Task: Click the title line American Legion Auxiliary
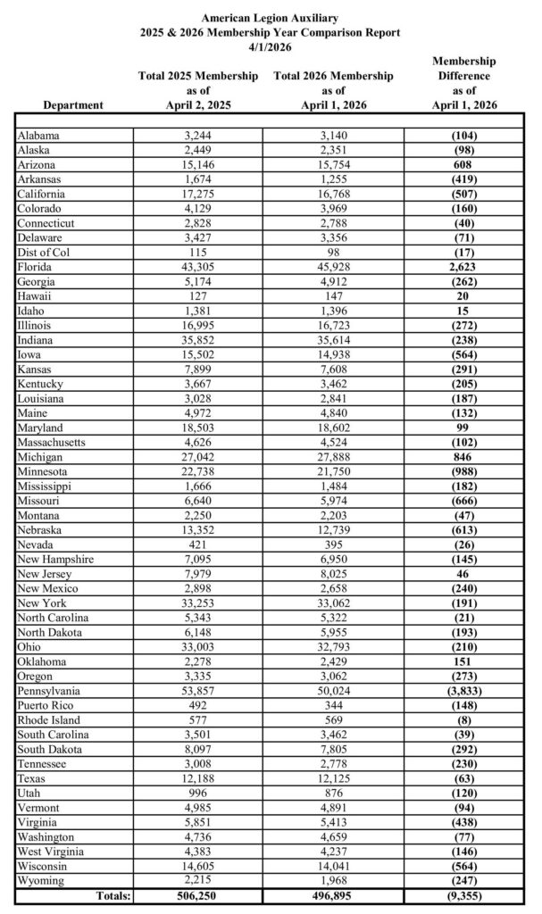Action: tap(270, 17)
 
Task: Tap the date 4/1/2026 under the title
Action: tap(270, 46)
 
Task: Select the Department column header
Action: tap(73, 105)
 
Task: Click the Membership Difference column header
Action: tap(463, 83)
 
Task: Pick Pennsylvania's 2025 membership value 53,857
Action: tap(198, 692)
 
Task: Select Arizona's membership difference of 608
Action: tap(463, 165)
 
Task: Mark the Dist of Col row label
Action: tap(41, 253)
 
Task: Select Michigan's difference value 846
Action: tap(463, 456)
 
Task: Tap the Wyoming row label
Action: tap(39, 882)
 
